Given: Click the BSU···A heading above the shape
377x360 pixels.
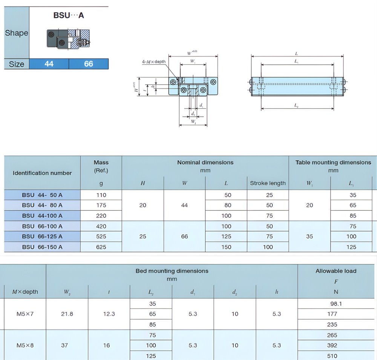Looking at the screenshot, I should [69, 15].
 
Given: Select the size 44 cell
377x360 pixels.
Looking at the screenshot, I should [49, 64].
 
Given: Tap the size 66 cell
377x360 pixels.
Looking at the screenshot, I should [89, 64].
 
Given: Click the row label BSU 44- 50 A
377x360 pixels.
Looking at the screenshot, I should [42, 195].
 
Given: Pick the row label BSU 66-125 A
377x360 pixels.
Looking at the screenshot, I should [42, 236].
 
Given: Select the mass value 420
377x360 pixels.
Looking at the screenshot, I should [101, 226].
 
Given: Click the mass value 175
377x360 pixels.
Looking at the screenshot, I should [101, 205].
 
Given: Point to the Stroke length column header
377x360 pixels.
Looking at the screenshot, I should [268, 183].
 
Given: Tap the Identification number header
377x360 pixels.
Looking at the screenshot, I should [42, 173].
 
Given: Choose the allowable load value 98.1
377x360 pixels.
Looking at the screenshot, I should [336, 304].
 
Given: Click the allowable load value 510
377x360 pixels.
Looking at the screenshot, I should [336, 356].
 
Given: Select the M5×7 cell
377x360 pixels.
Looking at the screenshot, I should [25, 314].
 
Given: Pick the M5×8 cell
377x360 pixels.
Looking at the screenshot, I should [25, 345].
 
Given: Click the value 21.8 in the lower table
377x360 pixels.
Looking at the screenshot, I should [67, 314].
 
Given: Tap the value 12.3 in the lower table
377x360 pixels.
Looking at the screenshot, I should [109, 314].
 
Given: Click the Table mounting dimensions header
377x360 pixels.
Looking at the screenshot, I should [333, 163].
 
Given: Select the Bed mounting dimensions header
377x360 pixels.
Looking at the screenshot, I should [172, 271].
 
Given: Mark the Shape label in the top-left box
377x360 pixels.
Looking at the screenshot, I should [17, 33].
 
